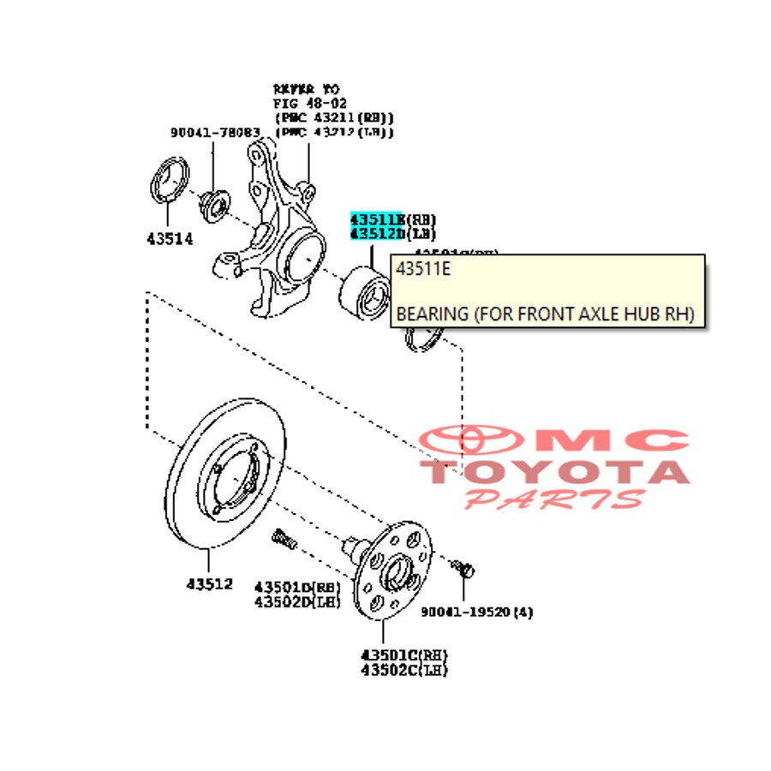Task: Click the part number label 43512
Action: pyautogui.click(x=209, y=584)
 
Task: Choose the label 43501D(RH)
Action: pyautogui.click(x=296, y=588)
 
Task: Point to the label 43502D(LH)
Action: pyautogui.click(x=296, y=602)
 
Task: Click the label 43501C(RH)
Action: pyautogui.click(x=404, y=655)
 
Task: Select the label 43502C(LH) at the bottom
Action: pyautogui.click(x=404, y=670)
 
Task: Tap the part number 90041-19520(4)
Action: pyautogui.click(x=477, y=612)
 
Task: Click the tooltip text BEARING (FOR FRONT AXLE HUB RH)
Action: pyautogui.click(x=544, y=314)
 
